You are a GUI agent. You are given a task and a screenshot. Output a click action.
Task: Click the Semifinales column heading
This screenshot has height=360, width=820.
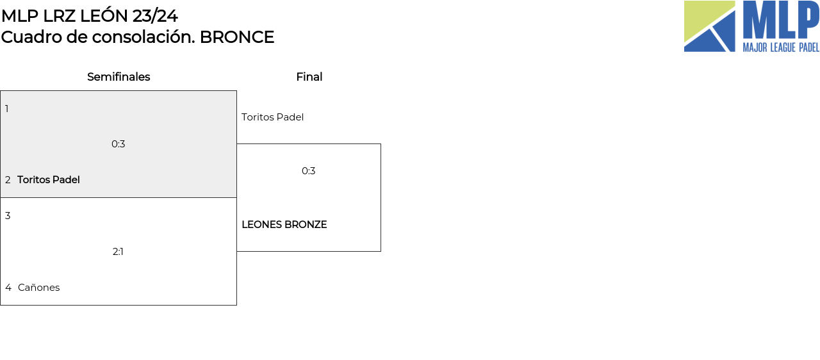click(x=119, y=77)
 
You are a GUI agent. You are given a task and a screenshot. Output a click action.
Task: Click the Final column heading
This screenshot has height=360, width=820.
click(x=309, y=77)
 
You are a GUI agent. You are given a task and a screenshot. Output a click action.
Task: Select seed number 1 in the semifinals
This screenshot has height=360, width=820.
click(x=7, y=109)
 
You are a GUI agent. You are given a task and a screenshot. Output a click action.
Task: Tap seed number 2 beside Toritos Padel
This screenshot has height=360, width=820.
click(x=8, y=180)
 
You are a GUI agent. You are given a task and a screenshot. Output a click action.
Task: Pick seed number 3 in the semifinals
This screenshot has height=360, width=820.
click(x=8, y=216)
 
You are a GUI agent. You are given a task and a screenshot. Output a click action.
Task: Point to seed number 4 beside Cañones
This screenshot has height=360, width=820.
click(x=8, y=288)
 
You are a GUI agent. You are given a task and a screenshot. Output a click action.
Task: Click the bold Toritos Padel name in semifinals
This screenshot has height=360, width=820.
click(x=49, y=180)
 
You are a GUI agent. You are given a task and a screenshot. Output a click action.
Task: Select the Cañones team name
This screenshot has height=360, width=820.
click(x=38, y=288)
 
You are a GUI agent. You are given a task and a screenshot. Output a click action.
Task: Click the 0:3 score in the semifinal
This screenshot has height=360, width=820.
click(x=119, y=144)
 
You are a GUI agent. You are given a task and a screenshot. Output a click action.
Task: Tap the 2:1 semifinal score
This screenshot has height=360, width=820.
click(x=118, y=252)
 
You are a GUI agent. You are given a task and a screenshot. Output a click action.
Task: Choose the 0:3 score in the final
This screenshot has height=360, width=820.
click(x=309, y=171)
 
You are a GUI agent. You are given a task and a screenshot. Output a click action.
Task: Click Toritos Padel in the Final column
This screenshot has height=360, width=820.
click(x=272, y=117)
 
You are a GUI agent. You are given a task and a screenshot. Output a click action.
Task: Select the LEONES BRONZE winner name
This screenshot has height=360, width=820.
click(x=284, y=225)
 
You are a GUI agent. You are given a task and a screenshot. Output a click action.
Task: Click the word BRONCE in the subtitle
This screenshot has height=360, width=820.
click(x=237, y=37)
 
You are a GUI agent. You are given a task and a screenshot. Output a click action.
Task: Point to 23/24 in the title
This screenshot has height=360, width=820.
click(x=155, y=16)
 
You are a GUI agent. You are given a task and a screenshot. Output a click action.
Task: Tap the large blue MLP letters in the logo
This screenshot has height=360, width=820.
click(x=781, y=20)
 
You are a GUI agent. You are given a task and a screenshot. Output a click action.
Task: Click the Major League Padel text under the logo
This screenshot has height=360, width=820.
click(x=781, y=47)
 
